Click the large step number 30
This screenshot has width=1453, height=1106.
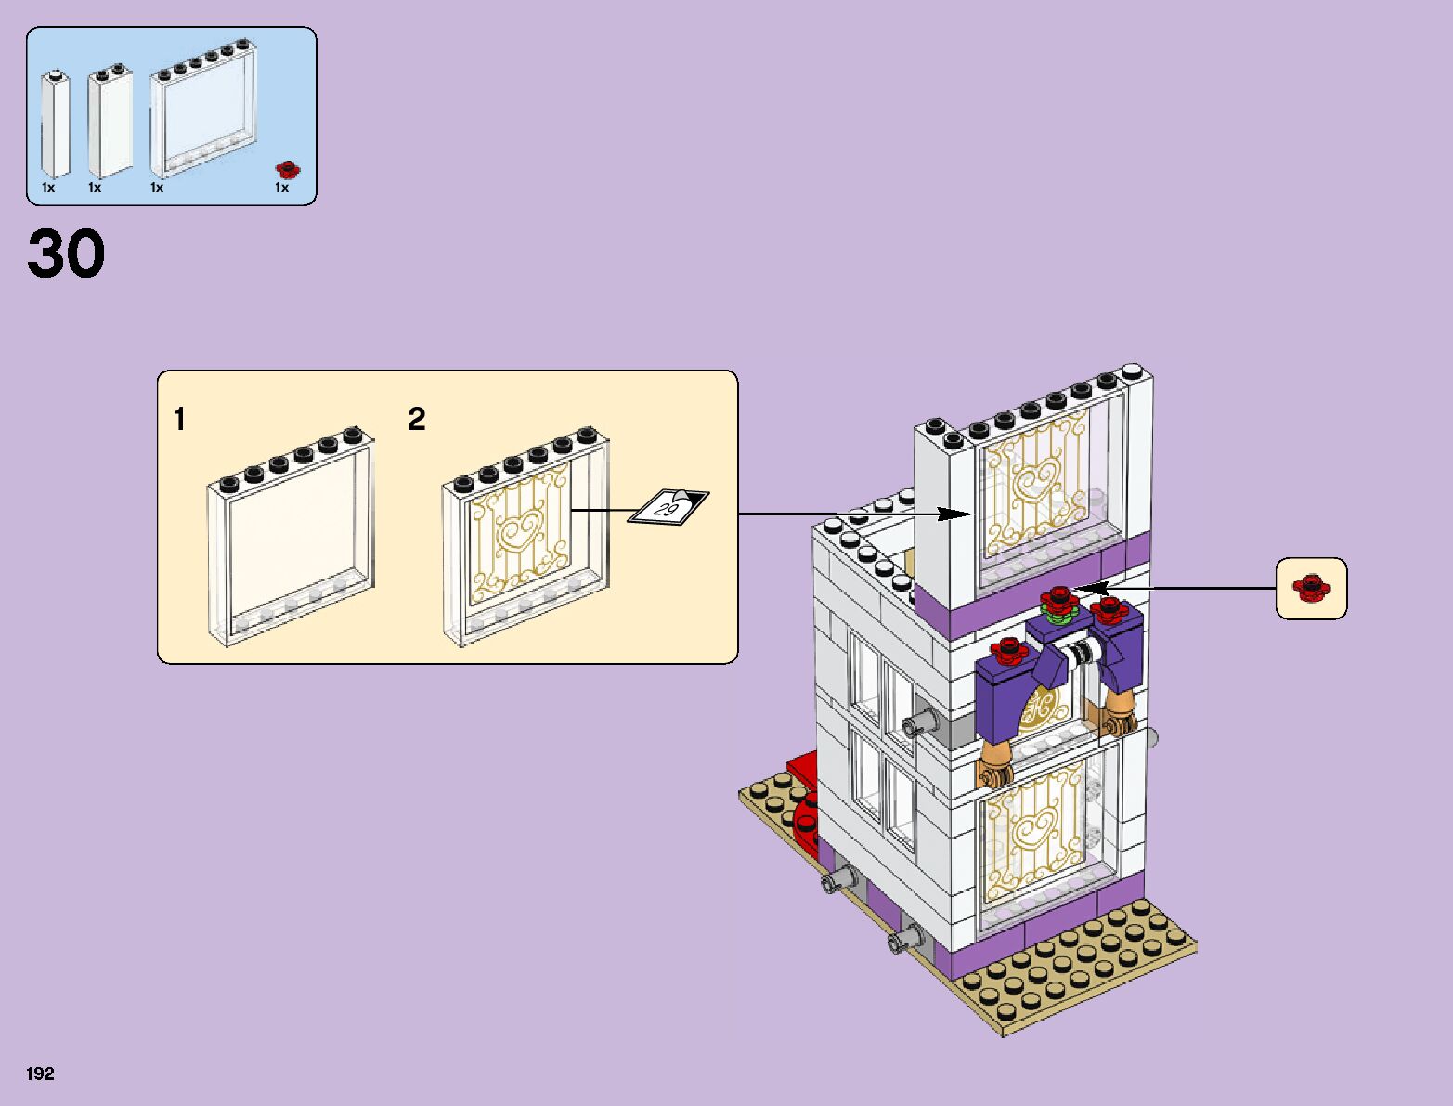coord(66,254)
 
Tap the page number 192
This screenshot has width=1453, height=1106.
coord(41,1074)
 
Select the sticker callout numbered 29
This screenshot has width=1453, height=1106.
coord(668,507)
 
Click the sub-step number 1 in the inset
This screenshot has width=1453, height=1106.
coord(179,420)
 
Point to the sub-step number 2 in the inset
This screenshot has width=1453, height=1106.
coord(416,420)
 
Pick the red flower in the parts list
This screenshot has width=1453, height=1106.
coord(289,169)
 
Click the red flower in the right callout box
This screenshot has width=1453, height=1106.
coord(1311,587)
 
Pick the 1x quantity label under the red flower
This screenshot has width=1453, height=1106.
coord(281,188)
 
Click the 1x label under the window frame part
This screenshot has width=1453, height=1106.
coord(157,188)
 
